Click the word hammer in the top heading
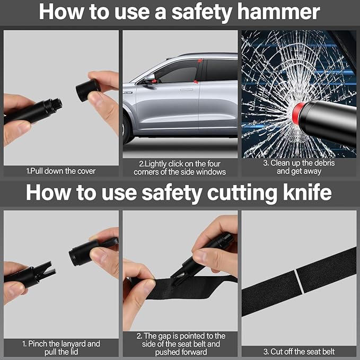tap(278, 12)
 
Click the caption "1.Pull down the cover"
tap(61, 171)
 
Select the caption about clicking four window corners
tap(180, 168)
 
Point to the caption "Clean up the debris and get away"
tap(299, 167)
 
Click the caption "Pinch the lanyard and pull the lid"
tap(61, 348)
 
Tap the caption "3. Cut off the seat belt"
tap(298, 352)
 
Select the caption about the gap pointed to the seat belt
tap(181, 344)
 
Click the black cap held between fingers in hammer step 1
tap(88, 90)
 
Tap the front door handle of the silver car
tap(187, 90)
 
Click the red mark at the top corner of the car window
tap(200, 60)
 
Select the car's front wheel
tap(126, 128)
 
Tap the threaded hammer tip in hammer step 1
tap(56, 104)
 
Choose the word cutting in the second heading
tap(242, 194)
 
